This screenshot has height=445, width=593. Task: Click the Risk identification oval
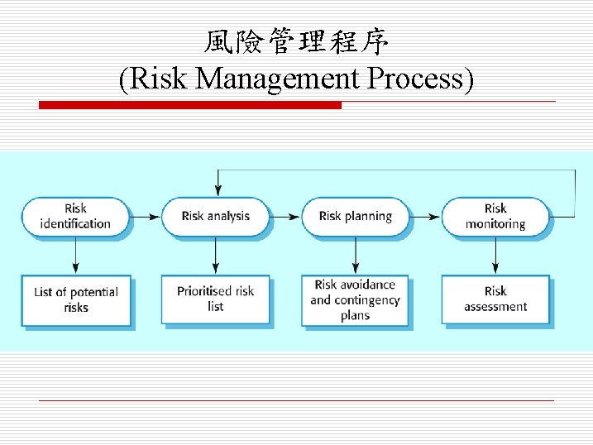coord(75,216)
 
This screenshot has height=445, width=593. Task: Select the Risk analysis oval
coord(215,216)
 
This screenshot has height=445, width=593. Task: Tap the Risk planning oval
coord(355,216)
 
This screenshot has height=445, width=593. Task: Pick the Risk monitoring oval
coord(495,216)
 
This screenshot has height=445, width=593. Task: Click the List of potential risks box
coord(75,299)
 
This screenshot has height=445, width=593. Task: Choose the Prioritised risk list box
coord(215,299)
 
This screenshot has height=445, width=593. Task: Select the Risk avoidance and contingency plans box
coord(355,299)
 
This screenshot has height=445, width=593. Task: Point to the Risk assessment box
coord(495,299)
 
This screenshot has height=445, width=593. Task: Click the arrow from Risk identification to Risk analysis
coord(146,216)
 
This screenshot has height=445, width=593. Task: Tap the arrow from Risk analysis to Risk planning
coord(285,216)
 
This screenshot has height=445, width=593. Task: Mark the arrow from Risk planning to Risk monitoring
coord(425,216)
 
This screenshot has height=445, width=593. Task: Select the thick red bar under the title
coord(190,105)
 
